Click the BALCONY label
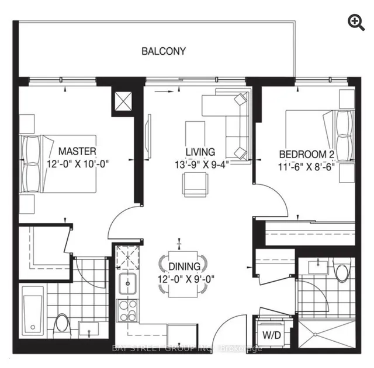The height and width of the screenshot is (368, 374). point(164,51)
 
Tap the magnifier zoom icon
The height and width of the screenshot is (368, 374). point(356,23)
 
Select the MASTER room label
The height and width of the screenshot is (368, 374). point(77,151)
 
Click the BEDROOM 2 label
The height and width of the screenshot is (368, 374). point(307,154)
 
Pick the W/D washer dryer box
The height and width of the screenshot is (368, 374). point(271,335)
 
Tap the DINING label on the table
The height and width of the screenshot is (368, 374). point(185,267)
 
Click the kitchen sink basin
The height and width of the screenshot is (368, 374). point(128,283)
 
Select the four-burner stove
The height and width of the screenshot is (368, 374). point(128,310)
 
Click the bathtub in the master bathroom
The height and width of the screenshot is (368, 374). point(33,312)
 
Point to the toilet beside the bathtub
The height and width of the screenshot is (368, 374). point(63,325)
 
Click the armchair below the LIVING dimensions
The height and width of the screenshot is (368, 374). point(195,184)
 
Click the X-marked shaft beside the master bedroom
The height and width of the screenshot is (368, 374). point(123,101)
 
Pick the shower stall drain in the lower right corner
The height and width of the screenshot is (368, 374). point(316,335)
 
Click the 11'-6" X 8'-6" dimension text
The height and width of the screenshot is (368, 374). point(306,167)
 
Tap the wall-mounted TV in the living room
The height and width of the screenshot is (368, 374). point(150,136)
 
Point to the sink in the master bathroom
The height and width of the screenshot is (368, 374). point(88,329)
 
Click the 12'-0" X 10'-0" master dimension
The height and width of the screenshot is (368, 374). point(78,164)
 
